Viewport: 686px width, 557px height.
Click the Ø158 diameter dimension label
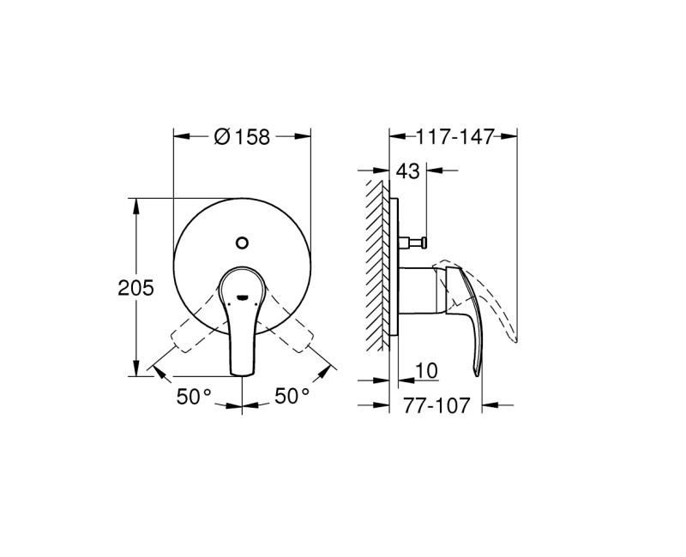241,136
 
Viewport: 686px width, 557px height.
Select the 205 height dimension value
135,289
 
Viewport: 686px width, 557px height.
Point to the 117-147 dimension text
454,136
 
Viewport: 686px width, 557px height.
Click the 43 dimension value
408,171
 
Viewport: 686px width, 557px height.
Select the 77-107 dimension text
436,405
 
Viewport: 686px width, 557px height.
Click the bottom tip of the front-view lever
243,370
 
